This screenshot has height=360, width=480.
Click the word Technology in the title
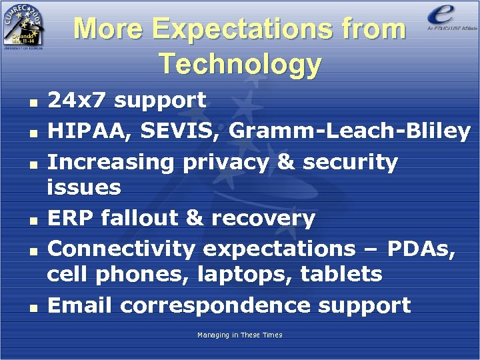(240, 64)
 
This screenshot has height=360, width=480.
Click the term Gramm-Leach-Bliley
(349, 131)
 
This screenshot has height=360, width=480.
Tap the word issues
(84, 187)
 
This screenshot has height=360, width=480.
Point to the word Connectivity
(121, 249)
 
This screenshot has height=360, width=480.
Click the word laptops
(239, 274)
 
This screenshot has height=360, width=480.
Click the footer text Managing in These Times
(239, 335)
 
